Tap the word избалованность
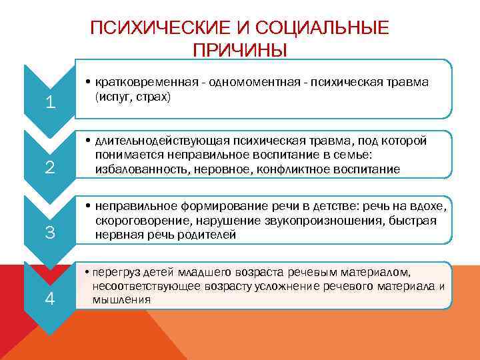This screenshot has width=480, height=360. pos(140,169)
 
